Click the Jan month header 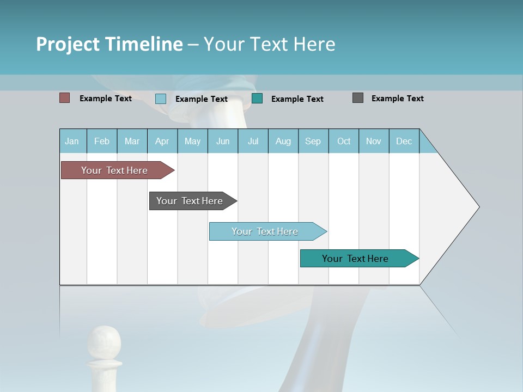coord(72,141)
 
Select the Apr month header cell coord(162,141)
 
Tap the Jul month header coord(253,141)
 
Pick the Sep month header coord(313,141)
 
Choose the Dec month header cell coord(404,141)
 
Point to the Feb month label coord(102,141)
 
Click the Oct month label coord(344,141)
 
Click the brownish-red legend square coord(65,98)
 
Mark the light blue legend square coord(161,99)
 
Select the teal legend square coord(257,98)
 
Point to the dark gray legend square coord(358,98)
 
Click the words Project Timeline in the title coord(110,44)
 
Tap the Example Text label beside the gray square coord(397,99)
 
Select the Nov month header coord(374,141)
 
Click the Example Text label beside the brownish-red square coord(106,99)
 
